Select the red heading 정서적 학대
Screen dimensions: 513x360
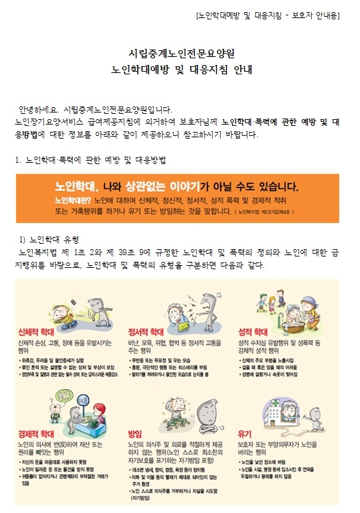tap(147, 331)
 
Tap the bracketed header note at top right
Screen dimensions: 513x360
tap(268, 15)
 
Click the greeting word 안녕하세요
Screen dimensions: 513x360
tap(39, 110)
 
